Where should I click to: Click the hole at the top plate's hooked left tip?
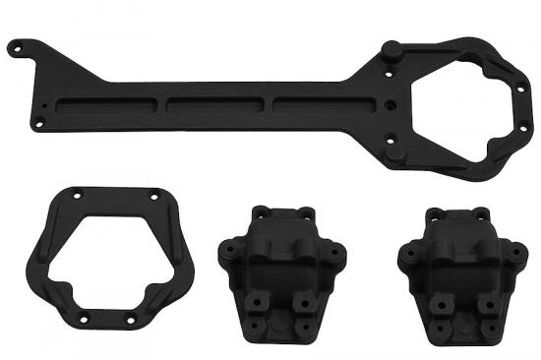[16, 45]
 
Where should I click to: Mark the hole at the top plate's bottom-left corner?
[39, 125]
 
